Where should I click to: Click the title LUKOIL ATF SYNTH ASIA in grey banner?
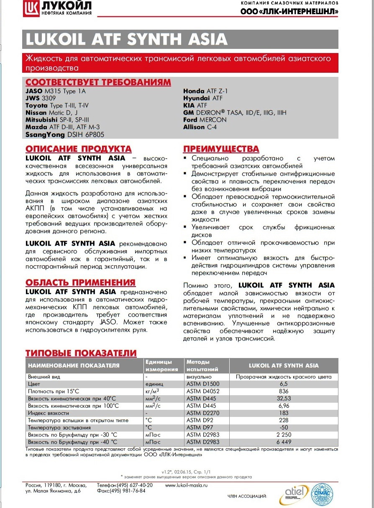tap(127, 40)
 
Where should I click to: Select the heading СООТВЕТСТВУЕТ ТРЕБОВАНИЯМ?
tap(98, 82)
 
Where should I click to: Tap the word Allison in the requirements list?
tap(194, 127)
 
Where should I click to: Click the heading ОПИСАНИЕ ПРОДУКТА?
tap(79, 149)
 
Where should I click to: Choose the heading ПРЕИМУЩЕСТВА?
tap(221, 149)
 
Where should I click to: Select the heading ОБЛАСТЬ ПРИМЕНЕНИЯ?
tap(81, 282)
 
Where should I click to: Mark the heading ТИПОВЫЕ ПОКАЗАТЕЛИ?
tap(81, 353)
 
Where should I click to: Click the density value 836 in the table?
tap(284, 391)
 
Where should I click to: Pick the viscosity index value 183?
tap(284, 413)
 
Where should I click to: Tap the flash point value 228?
tap(284, 420)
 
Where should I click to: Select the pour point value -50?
tap(284, 427)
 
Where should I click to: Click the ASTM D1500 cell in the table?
tap(203, 384)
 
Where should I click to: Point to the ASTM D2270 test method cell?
tap(203, 413)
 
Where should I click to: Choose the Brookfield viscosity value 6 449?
tap(284, 442)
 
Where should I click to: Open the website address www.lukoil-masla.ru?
tap(187, 485)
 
